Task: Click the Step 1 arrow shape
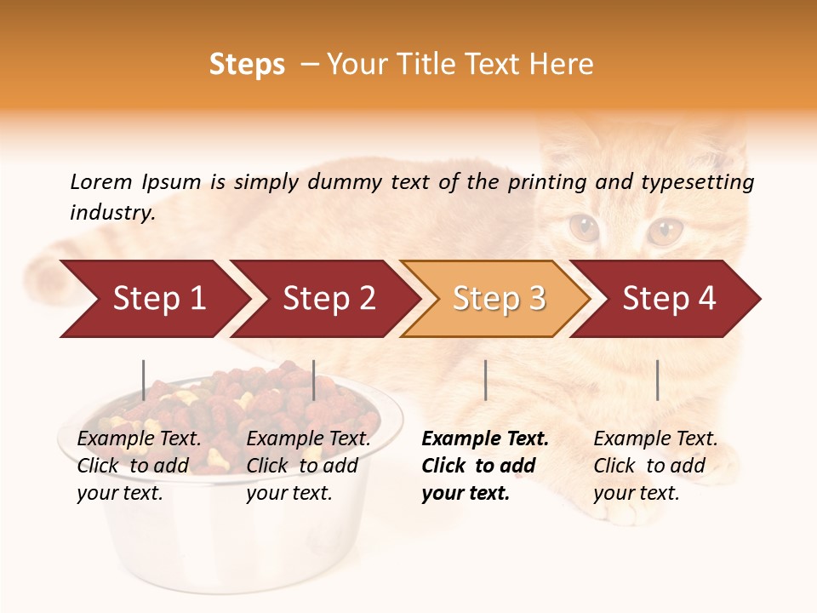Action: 153,299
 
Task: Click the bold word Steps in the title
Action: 247,65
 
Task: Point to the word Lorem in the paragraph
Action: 101,181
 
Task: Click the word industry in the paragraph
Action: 111,212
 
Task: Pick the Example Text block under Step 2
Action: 308,466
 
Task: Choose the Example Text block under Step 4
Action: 655,466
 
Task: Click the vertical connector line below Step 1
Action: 144,380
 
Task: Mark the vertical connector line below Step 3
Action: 485,380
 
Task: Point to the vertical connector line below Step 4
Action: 657,380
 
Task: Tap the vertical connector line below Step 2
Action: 314,380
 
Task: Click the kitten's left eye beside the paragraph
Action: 584,227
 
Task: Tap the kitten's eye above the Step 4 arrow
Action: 665,230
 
